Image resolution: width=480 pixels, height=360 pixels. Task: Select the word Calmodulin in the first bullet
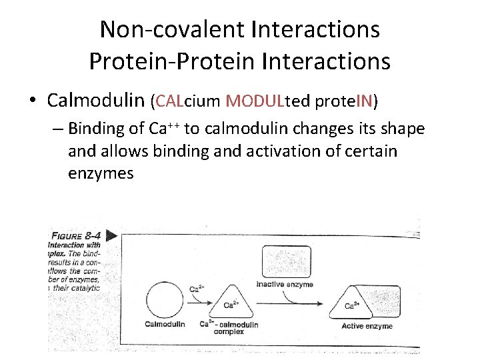point(96,101)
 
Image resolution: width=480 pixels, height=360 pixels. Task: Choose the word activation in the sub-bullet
point(261,151)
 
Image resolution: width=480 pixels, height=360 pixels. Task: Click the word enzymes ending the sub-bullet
point(101,174)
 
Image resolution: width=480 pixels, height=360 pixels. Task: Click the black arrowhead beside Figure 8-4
point(111,235)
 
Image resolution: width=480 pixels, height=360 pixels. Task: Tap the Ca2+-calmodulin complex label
point(229,327)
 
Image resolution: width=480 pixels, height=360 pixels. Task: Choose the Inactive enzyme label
point(285,285)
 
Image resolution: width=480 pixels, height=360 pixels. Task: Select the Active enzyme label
point(367,326)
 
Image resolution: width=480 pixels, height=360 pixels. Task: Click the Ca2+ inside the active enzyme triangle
point(353,306)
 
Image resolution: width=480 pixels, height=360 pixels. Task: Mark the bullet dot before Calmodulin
point(32,101)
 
